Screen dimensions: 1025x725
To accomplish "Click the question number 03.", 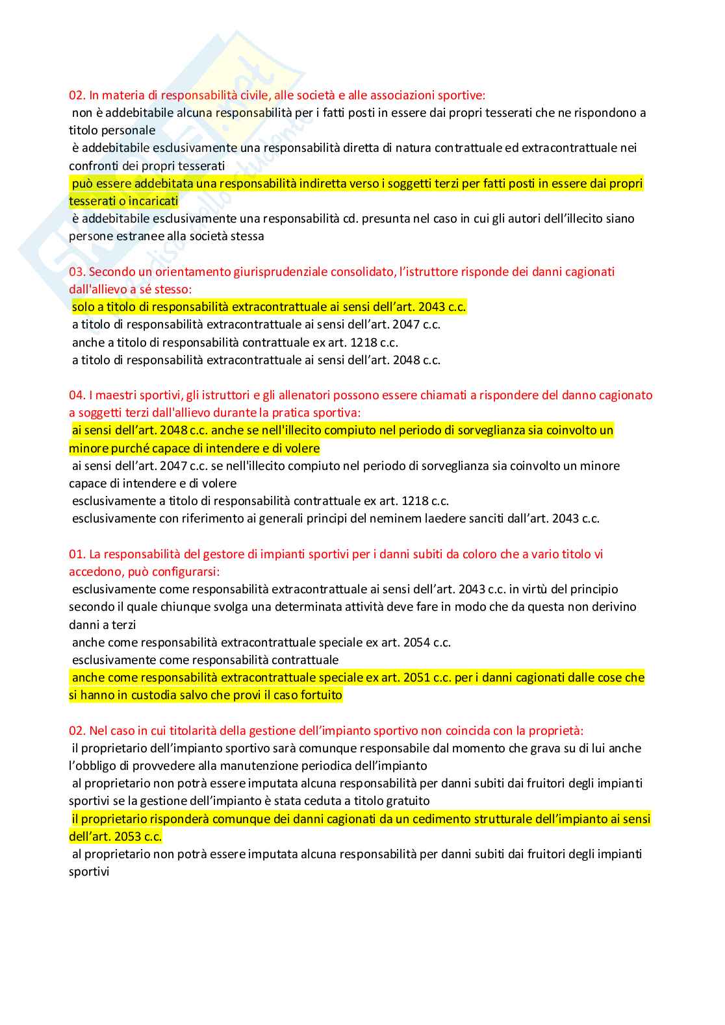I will [x=77, y=272].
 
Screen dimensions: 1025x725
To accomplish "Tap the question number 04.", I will [x=77, y=395].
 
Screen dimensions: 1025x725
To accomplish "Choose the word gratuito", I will [x=407, y=801].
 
